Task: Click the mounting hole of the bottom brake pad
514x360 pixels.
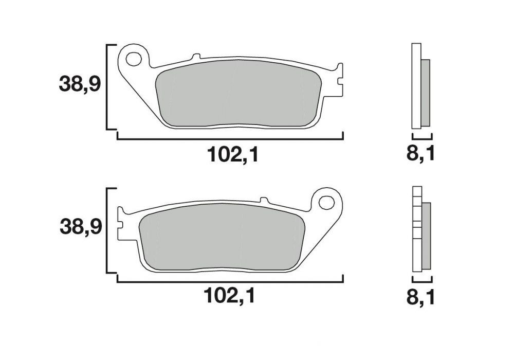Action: click(326, 202)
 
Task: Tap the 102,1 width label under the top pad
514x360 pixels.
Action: click(231, 154)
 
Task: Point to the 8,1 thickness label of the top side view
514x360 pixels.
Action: click(421, 154)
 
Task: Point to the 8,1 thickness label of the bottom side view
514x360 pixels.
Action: click(421, 297)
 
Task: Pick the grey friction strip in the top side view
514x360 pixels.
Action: click(426, 93)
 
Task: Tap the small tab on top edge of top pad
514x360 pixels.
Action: click(195, 57)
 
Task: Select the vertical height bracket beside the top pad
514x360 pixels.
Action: click(107, 87)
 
